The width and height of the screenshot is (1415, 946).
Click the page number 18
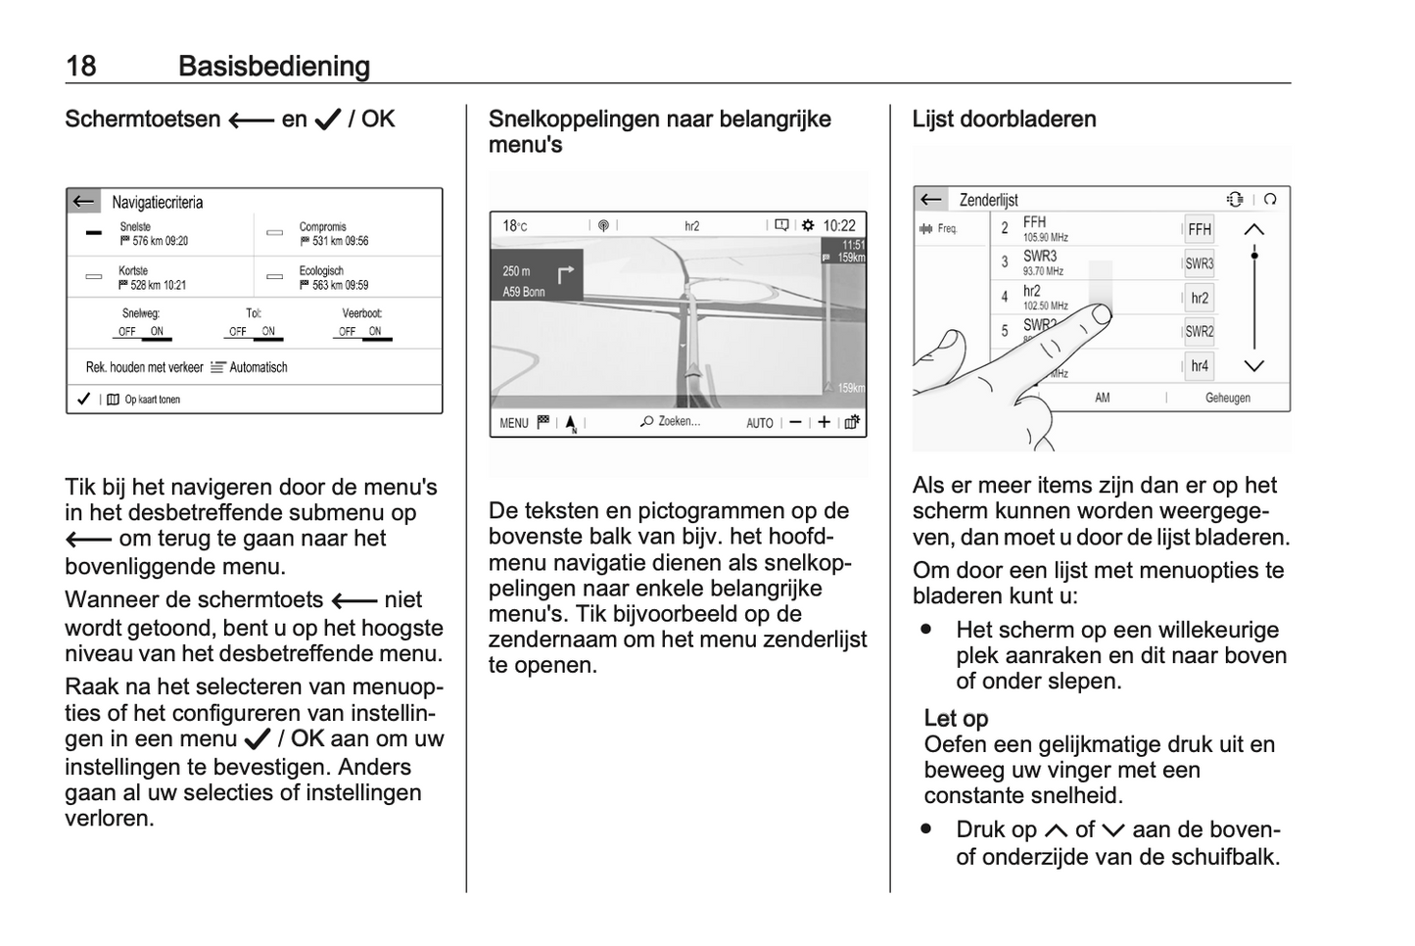(x=80, y=67)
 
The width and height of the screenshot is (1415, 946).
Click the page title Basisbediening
(x=274, y=67)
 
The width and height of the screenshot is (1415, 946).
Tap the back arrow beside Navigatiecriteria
(x=84, y=202)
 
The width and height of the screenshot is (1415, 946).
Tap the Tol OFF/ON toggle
(x=254, y=332)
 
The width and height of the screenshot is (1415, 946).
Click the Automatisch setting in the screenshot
(x=258, y=367)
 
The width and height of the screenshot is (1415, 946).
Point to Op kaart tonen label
(x=152, y=400)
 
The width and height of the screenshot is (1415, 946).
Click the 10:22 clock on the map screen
(x=839, y=225)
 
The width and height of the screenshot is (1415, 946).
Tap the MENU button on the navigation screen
(x=513, y=423)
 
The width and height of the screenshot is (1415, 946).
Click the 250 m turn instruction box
(x=537, y=280)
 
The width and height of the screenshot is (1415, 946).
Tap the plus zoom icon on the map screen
(x=825, y=422)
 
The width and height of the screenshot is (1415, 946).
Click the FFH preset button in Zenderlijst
(x=1199, y=229)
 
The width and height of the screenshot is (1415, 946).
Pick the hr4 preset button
(x=1199, y=366)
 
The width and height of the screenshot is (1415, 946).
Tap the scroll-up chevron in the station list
(x=1253, y=229)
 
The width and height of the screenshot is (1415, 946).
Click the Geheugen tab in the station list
(x=1227, y=398)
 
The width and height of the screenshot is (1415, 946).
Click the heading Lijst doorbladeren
(x=1004, y=119)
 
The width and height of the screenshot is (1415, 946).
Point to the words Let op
(x=956, y=719)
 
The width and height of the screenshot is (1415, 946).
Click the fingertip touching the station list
(x=1101, y=312)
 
